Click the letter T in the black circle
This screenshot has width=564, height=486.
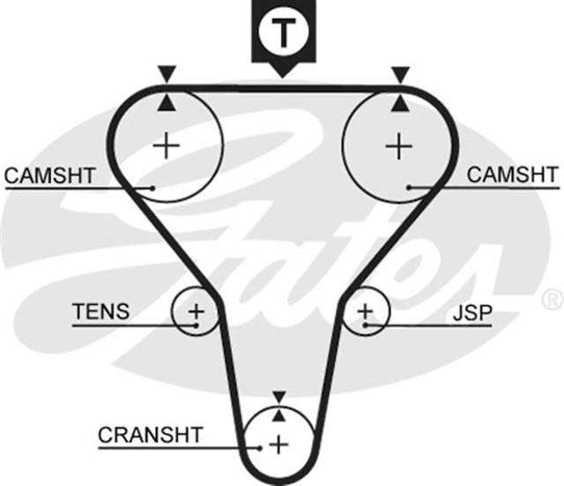coord(282,33)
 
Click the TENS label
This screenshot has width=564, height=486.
coord(100,311)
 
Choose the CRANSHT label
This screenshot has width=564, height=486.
coord(150,434)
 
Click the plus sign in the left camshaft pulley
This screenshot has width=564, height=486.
coord(166,144)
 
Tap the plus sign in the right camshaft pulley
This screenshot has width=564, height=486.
coord(399,144)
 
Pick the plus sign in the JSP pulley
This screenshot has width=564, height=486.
coord(365,310)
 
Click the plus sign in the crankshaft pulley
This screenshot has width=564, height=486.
coord(279,443)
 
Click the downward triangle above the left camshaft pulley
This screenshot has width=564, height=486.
coord(165,73)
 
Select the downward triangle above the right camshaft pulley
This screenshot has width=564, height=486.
coord(401,73)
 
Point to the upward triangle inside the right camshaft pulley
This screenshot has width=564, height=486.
coord(401,103)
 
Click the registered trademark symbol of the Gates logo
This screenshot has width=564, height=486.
coord(553,298)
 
